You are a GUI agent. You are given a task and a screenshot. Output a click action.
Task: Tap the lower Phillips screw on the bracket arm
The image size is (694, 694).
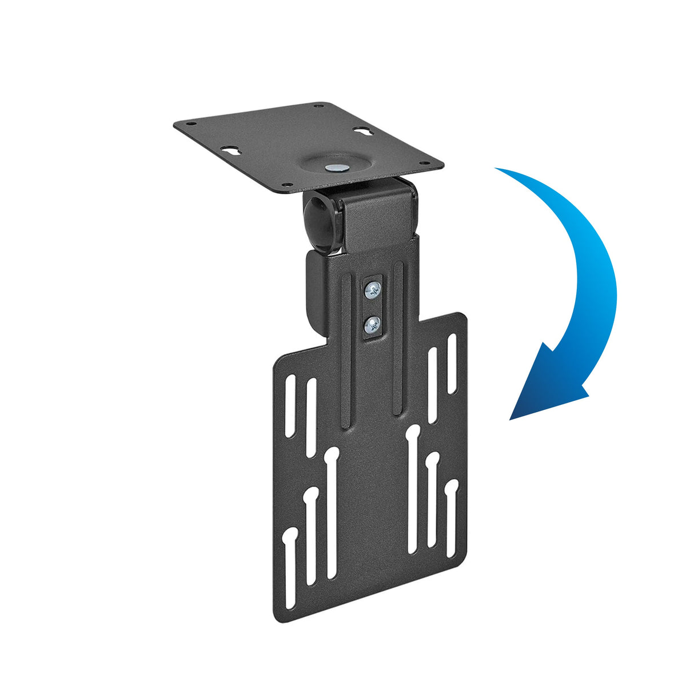tap(372, 326)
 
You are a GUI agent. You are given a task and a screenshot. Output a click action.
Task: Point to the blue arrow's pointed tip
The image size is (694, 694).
tap(510, 419)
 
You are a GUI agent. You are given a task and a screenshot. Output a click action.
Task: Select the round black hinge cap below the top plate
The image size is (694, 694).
tap(318, 223)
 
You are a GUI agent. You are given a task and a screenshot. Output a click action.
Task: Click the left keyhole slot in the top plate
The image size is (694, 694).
tap(232, 151)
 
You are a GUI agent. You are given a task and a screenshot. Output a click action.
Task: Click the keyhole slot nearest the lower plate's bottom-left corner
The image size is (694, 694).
tap(290, 566)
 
